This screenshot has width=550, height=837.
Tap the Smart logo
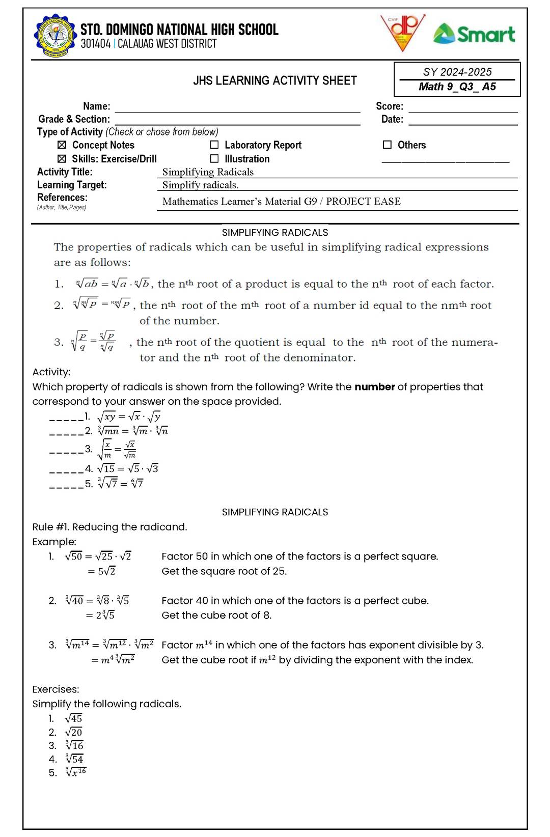[474, 34]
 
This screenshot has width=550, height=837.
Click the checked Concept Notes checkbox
[62, 145]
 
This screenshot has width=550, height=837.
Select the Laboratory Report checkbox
[214, 145]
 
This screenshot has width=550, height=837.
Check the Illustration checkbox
[214, 159]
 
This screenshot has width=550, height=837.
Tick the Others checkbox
[387, 145]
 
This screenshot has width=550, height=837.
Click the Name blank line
[237, 108]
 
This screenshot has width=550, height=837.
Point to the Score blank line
[463, 108]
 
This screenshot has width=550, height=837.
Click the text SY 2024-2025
[457, 72]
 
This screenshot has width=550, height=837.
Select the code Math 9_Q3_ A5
[457, 87]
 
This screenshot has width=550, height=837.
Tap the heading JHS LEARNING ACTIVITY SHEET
[275, 80]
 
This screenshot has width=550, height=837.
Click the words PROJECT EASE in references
[363, 201]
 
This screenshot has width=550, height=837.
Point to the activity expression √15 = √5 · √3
[127, 468]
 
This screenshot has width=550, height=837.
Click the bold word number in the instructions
[374, 386]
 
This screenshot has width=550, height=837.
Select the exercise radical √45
[74, 718]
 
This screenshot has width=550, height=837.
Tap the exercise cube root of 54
[74, 759]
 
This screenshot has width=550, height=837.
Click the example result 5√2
[106, 571]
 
